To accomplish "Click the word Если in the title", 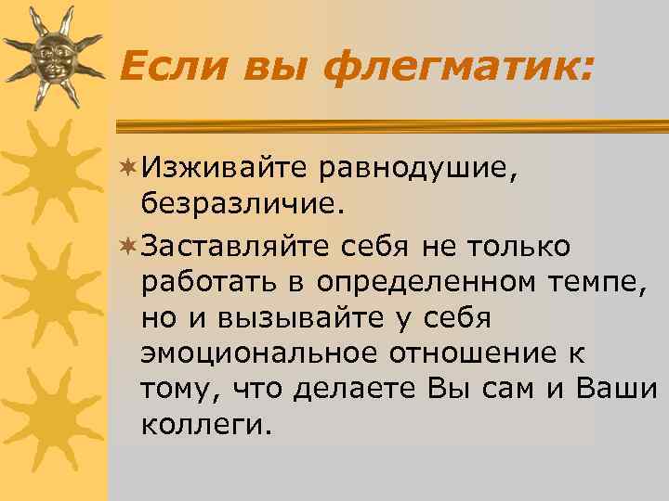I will pyautogui.click(x=170, y=66).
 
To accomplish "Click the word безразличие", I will pyautogui.click(x=243, y=202).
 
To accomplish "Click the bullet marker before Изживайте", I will pyautogui.click(x=130, y=167).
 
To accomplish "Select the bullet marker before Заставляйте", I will pyautogui.click(x=130, y=248).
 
